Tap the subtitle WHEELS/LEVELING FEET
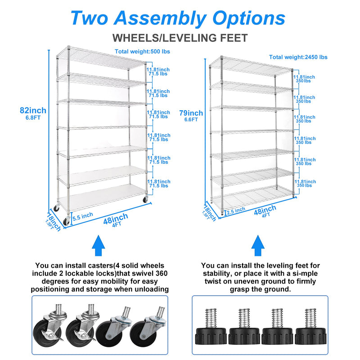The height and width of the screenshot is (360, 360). [x=180, y=38]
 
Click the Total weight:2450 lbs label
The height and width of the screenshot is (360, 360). [x=298, y=57]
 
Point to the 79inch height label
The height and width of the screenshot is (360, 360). [x=191, y=113]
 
